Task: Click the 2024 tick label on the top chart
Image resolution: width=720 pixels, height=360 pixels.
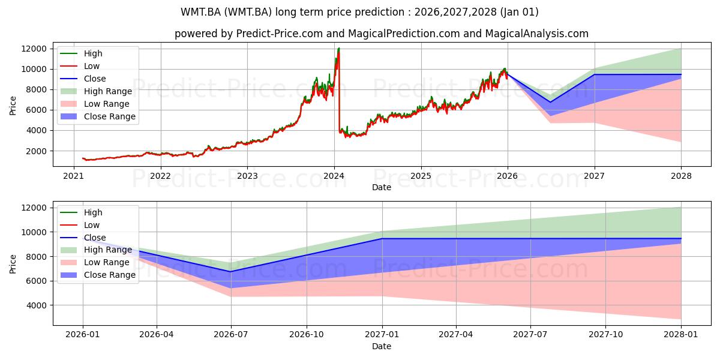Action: (x=334, y=176)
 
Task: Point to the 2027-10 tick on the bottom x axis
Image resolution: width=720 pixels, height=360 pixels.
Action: (x=605, y=335)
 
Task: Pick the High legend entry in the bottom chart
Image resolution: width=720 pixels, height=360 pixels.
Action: (x=93, y=212)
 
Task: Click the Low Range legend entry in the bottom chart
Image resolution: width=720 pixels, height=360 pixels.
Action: (x=106, y=262)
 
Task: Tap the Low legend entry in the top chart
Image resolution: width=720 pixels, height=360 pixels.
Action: (x=92, y=66)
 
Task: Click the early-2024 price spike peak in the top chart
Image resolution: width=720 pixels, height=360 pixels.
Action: (x=339, y=48)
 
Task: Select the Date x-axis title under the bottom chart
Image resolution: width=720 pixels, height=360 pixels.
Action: (x=381, y=346)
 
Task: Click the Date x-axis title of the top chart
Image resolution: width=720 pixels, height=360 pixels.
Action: (x=381, y=187)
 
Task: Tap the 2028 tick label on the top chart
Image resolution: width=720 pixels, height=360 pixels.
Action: (x=681, y=176)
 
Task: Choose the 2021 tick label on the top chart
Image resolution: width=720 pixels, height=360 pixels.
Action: (x=74, y=176)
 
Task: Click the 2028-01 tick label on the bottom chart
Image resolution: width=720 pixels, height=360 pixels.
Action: (x=681, y=335)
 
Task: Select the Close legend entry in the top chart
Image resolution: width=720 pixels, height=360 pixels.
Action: (x=95, y=79)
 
